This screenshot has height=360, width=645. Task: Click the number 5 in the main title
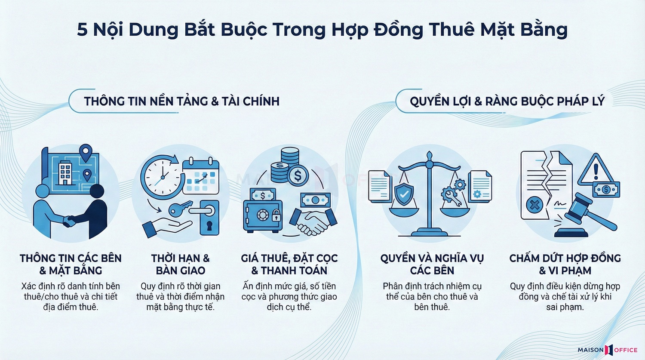click(x=82, y=30)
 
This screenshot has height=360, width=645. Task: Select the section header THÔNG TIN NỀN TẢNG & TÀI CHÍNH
click(x=181, y=102)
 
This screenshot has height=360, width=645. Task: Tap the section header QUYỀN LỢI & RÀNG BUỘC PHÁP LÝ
click(x=507, y=102)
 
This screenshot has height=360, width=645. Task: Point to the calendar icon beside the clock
click(x=201, y=177)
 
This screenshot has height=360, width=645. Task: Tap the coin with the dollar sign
click(x=298, y=175)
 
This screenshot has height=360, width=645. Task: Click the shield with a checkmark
click(x=404, y=194)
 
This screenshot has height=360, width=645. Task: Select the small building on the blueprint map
click(x=65, y=173)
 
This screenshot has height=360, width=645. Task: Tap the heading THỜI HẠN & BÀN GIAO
click(x=180, y=264)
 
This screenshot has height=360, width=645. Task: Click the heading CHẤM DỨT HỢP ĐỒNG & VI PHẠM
click(x=565, y=264)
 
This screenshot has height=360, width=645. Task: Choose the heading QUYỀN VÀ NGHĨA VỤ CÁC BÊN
click(x=432, y=264)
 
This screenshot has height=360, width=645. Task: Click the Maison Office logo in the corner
click(x=608, y=350)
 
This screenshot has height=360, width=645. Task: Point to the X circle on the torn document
click(x=534, y=204)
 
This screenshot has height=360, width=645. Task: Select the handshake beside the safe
click(x=313, y=222)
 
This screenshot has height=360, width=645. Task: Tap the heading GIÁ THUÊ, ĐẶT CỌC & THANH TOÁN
click(x=289, y=264)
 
